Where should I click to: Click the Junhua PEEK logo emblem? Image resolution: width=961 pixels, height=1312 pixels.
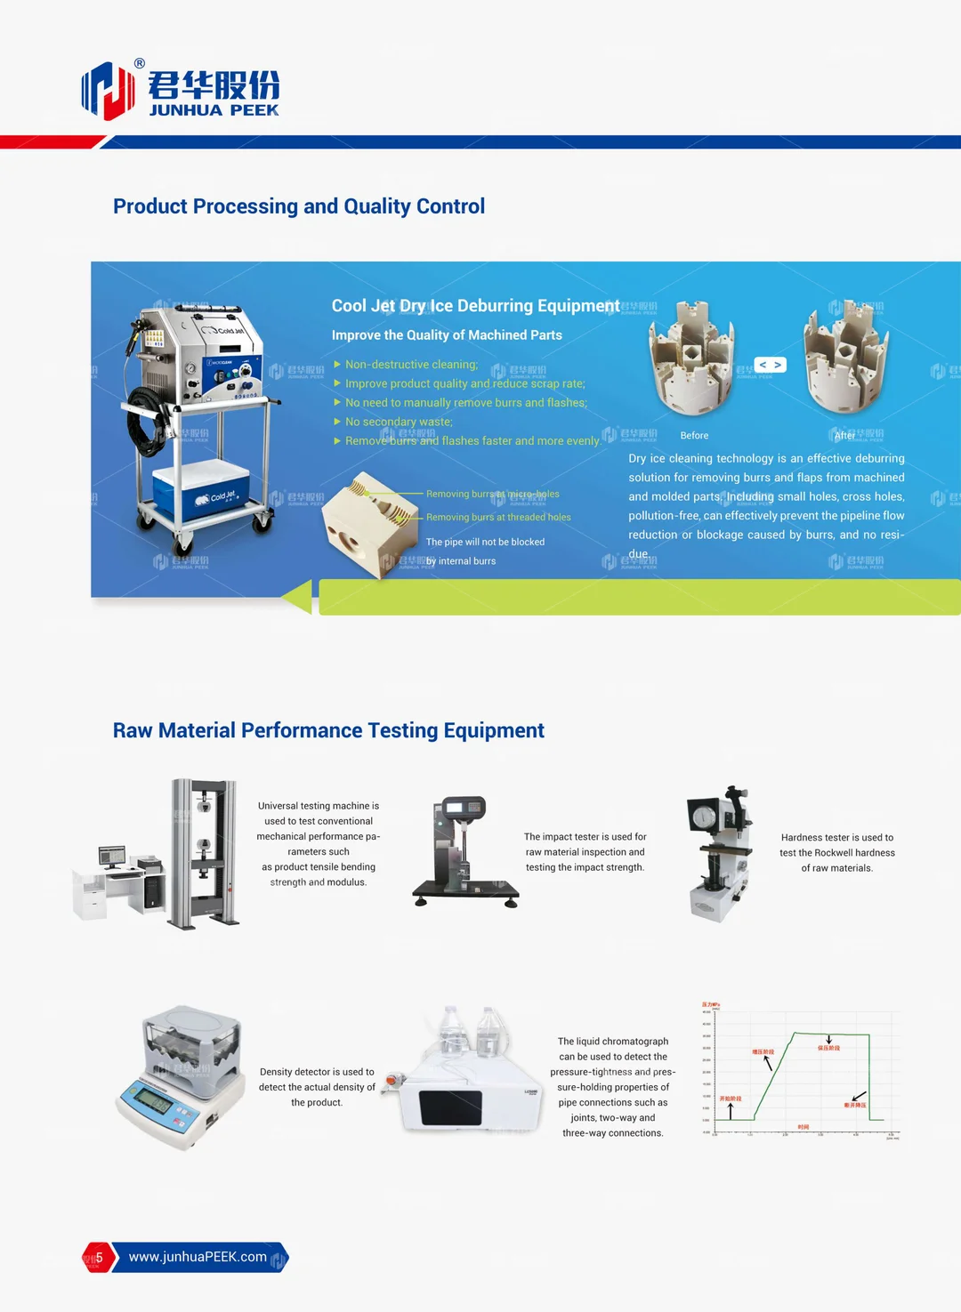pos(108,90)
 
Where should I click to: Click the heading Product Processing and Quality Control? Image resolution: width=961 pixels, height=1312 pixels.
pos(298,206)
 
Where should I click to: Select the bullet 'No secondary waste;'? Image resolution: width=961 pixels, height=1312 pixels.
pos(399,422)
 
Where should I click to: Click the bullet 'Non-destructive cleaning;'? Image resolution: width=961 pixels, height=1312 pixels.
pos(411,365)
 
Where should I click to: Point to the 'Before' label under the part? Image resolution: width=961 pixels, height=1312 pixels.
pos(694,436)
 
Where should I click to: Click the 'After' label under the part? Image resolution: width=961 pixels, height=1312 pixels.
pos(844,436)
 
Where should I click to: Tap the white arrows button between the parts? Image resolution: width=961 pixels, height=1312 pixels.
pos(770,365)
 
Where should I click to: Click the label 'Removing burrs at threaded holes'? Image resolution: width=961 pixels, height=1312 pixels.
pos(498,517)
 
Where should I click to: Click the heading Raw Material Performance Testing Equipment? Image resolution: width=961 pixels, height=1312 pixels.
pos(327,730)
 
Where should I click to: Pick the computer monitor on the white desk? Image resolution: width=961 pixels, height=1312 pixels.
pos(112,857)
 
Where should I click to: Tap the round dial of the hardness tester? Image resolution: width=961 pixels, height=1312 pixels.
pos(704,816)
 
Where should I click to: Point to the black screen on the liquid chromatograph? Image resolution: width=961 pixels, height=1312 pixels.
pos(450,1107)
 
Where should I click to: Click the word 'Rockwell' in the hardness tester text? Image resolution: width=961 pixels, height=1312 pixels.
pos(834,853)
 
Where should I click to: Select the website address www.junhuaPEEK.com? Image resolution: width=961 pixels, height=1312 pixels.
pos(198,1257)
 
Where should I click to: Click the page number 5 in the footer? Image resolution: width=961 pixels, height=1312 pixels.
pos(99,1257)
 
